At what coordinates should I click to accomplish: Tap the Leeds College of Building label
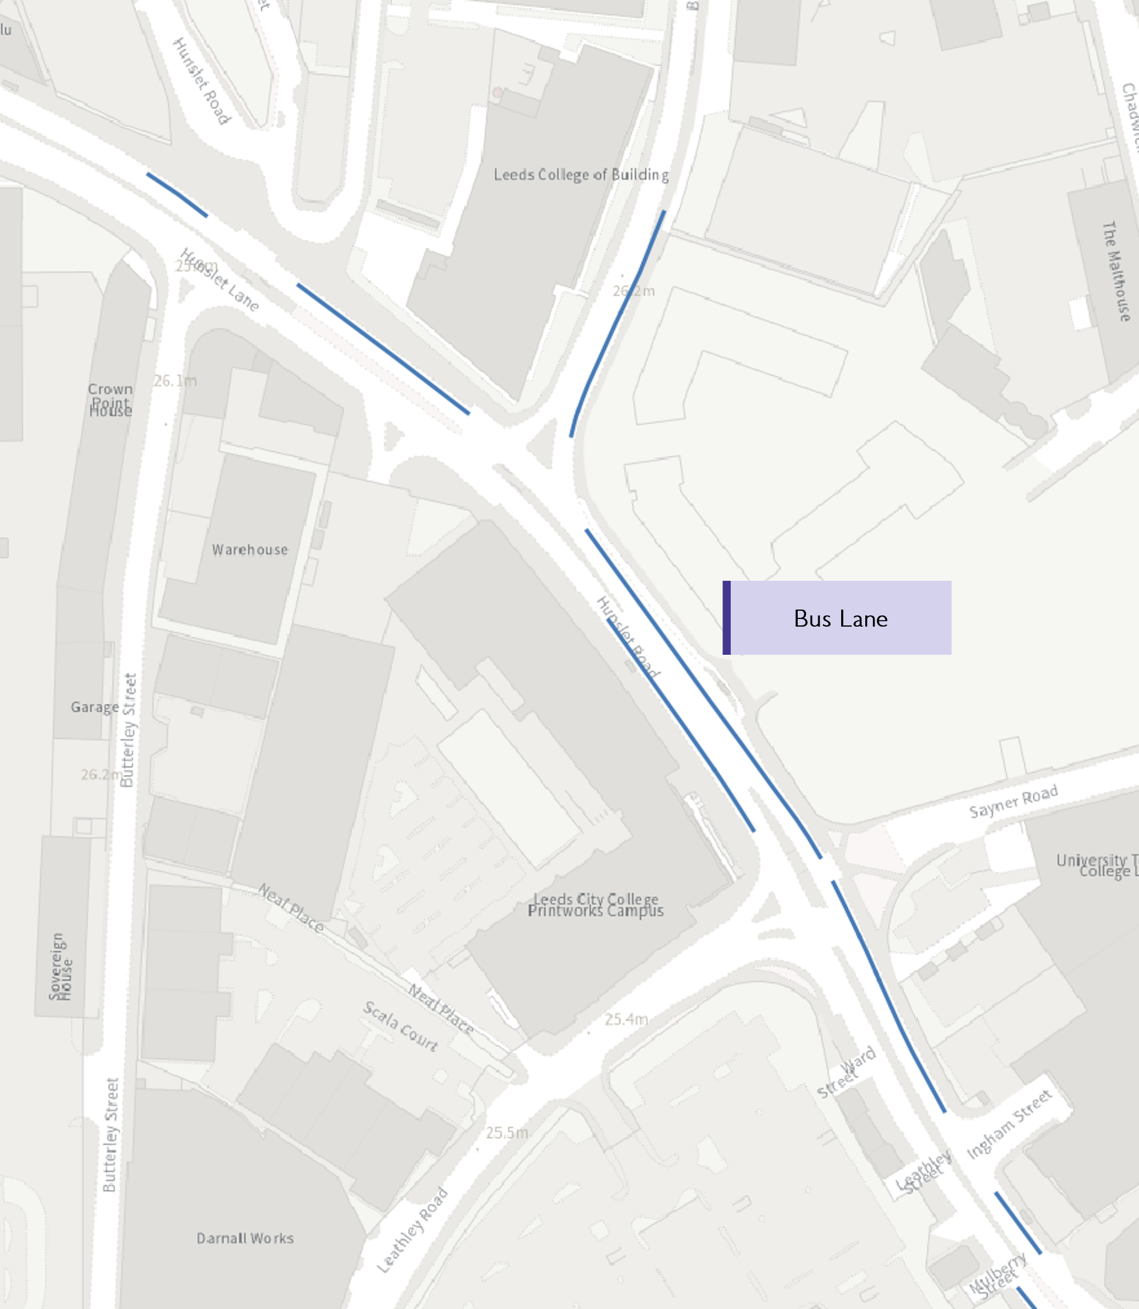coord(581,175)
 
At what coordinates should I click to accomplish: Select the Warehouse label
coord(250,550)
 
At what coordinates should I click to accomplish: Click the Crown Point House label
coord(110,400)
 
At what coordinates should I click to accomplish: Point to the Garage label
coord(95,707)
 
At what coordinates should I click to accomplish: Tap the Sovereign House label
coord(61,967)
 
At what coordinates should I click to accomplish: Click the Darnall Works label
coord(245,1239)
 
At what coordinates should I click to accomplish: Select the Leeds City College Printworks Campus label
coord(596,905)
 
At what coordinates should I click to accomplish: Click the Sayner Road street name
coord(1013,801)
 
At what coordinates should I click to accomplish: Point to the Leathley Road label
coord(412,1230)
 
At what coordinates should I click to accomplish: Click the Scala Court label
coord(401,1026)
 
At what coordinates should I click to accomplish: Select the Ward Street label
coord(846,1072)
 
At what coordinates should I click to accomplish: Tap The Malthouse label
coord(1116,271)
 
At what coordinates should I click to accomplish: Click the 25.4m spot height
coord(626,1020)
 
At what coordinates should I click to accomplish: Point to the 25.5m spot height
coord(506,1133)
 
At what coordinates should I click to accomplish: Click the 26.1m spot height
coord(176,381)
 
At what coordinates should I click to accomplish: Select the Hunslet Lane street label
coord(220,280)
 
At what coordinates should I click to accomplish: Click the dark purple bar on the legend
coord(727,618)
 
